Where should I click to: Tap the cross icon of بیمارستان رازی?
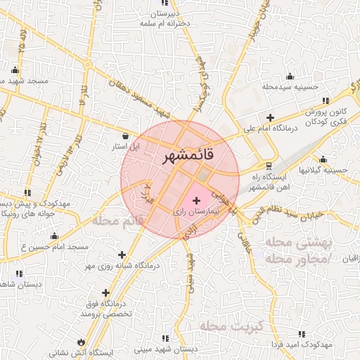coord(195,202)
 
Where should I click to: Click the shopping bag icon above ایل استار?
coord(126,136)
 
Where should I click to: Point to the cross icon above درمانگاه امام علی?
coord(270,117)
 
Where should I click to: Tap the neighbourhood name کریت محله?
coord(231,326)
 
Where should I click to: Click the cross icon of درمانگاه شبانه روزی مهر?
coord(123,255)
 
